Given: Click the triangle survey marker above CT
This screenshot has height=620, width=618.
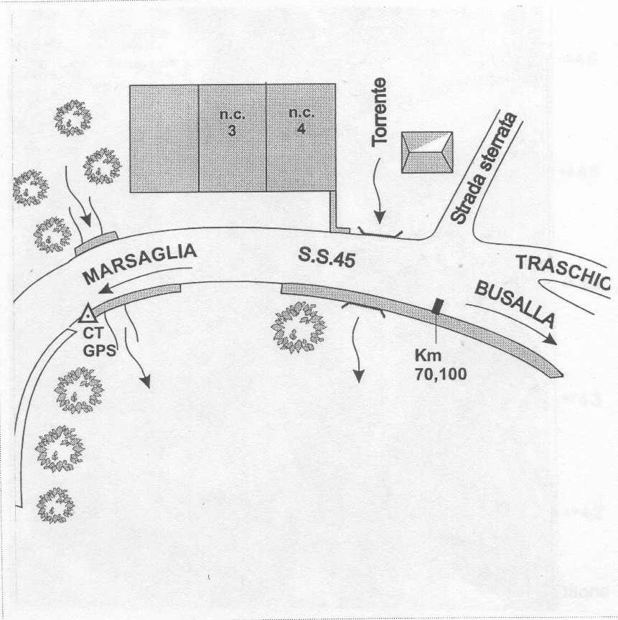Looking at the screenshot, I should coord(88,314).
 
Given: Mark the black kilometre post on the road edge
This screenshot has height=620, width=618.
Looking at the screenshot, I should coord(436,306).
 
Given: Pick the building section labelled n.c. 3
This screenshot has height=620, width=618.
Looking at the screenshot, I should coord(232,138).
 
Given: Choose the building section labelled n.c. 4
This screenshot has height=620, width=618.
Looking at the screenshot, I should coord(300,138).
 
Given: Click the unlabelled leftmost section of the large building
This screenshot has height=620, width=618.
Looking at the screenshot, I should coord(164,138).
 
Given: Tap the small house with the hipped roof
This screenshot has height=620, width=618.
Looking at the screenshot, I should coord(426,151).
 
